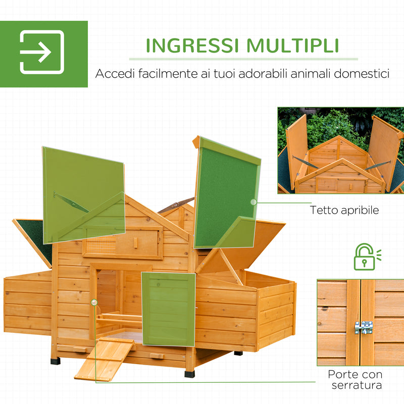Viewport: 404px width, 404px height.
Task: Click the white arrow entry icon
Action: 42,53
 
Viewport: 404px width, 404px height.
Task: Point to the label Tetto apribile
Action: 344,210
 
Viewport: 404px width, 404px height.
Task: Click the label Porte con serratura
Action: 355,380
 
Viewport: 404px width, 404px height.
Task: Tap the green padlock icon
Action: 364,257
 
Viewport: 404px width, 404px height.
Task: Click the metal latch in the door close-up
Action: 363,327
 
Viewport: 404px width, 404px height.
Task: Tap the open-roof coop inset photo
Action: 340,150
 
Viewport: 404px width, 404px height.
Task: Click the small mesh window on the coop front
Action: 99,246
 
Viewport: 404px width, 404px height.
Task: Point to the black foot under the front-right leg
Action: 189,374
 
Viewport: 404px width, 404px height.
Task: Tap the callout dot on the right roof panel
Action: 253,202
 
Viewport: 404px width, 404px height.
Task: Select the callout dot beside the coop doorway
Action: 94,302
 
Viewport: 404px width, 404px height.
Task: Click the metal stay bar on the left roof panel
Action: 71,201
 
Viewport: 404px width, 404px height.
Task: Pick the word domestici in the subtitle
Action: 364,74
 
